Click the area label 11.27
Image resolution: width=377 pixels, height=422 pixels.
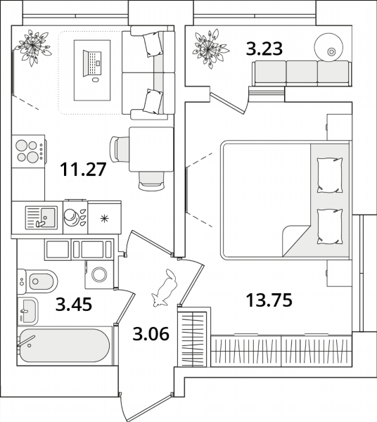(x=83, y=170)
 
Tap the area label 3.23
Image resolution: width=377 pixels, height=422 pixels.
(x=264, y=49)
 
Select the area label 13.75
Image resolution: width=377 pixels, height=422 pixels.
(x=269, y=300)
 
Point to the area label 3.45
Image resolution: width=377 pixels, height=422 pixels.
(x=74, y=304)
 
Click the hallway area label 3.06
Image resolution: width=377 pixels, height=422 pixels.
(x=151, y=333)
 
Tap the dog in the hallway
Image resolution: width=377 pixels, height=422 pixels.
(x=165, y=288)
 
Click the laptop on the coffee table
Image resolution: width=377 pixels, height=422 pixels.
(x=92, y=63)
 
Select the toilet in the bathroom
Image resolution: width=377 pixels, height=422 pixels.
(x=37, y=281)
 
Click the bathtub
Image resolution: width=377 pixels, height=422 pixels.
(x=65, y=346)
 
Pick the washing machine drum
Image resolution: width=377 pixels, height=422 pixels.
(x=99, y=274)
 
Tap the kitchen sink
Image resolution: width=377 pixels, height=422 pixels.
(x=41, y=218)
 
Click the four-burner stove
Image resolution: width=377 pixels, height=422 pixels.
(x=28, y=151)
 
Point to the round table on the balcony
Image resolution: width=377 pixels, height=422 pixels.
(x=328, y=47)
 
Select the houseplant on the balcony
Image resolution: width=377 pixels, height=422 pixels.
(x=210, y=49)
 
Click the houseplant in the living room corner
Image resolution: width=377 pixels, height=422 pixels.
(x=33, y=48)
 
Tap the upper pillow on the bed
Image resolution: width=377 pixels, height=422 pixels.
(x=330, y=175)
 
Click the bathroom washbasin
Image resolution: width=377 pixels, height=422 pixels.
(x=27, y=311)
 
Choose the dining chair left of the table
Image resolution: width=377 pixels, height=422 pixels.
(x=120, y=149)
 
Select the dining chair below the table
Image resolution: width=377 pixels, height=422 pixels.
(x=151, y=181)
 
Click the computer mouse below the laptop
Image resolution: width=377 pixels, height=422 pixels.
(x=95, y=79)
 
